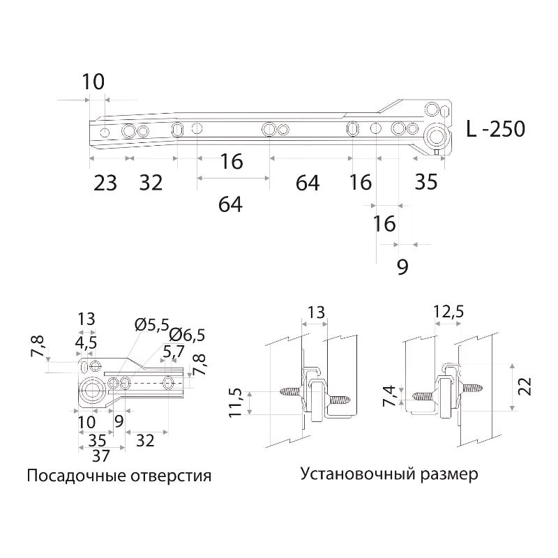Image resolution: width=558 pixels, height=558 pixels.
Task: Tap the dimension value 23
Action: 105,183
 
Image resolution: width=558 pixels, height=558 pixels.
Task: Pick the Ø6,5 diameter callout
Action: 187,335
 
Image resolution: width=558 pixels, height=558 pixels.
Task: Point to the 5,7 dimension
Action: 173,353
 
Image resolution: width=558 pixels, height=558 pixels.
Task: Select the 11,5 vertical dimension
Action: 236,403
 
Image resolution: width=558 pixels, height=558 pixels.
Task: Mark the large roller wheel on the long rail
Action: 438,135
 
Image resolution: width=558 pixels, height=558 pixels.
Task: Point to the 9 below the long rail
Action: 402,267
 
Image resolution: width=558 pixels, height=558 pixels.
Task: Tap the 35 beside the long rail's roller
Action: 425,182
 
